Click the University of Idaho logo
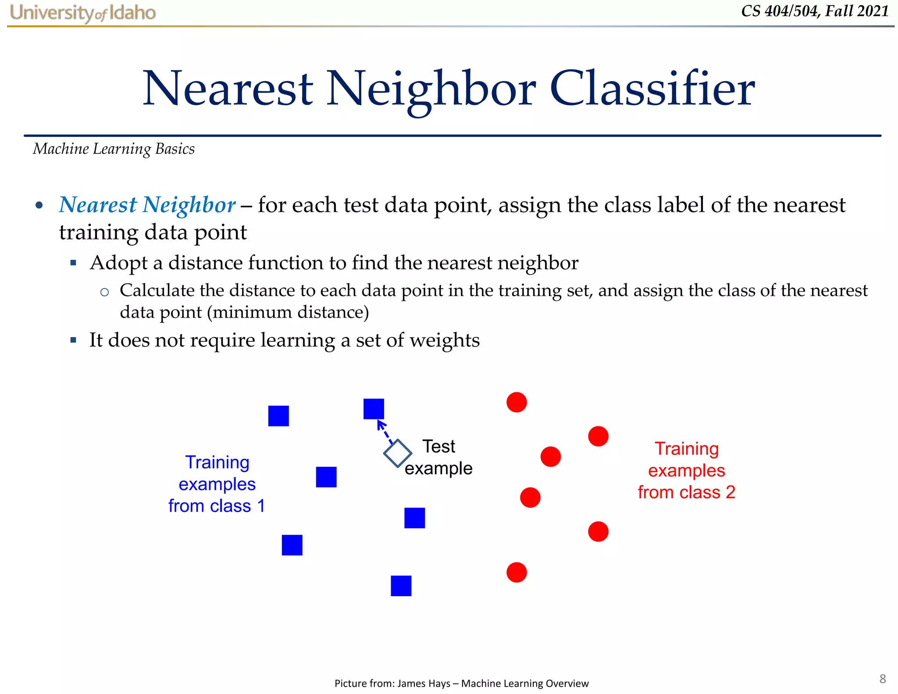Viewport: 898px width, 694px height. click(82, 13)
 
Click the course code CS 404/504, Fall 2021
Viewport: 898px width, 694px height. click(815, 11)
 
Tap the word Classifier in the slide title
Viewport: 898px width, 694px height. click(652, 89)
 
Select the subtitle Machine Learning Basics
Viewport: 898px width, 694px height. click(114, 149)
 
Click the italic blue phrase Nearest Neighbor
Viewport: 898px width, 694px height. click(147, 205)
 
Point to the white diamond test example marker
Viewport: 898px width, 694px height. click(397, 453)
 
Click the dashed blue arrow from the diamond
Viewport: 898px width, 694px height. click(385, 432)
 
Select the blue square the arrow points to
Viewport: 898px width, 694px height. click(374, 409)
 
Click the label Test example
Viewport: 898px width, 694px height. click(438, 458)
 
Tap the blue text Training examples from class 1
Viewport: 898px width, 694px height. click(217, 484)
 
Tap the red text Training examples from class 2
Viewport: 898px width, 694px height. click(686, 470)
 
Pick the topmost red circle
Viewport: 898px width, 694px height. click(517, 402)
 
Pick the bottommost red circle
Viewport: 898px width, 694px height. click(517, 572)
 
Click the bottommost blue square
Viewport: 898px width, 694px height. click(401, 586)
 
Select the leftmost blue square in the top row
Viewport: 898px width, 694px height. click(278, 416)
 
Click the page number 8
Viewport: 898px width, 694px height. click(882, 679)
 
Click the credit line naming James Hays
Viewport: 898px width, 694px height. click(461, 683)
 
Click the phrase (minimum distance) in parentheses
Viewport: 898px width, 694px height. click(288, 312)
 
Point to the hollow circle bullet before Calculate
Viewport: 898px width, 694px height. click(104, 292)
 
